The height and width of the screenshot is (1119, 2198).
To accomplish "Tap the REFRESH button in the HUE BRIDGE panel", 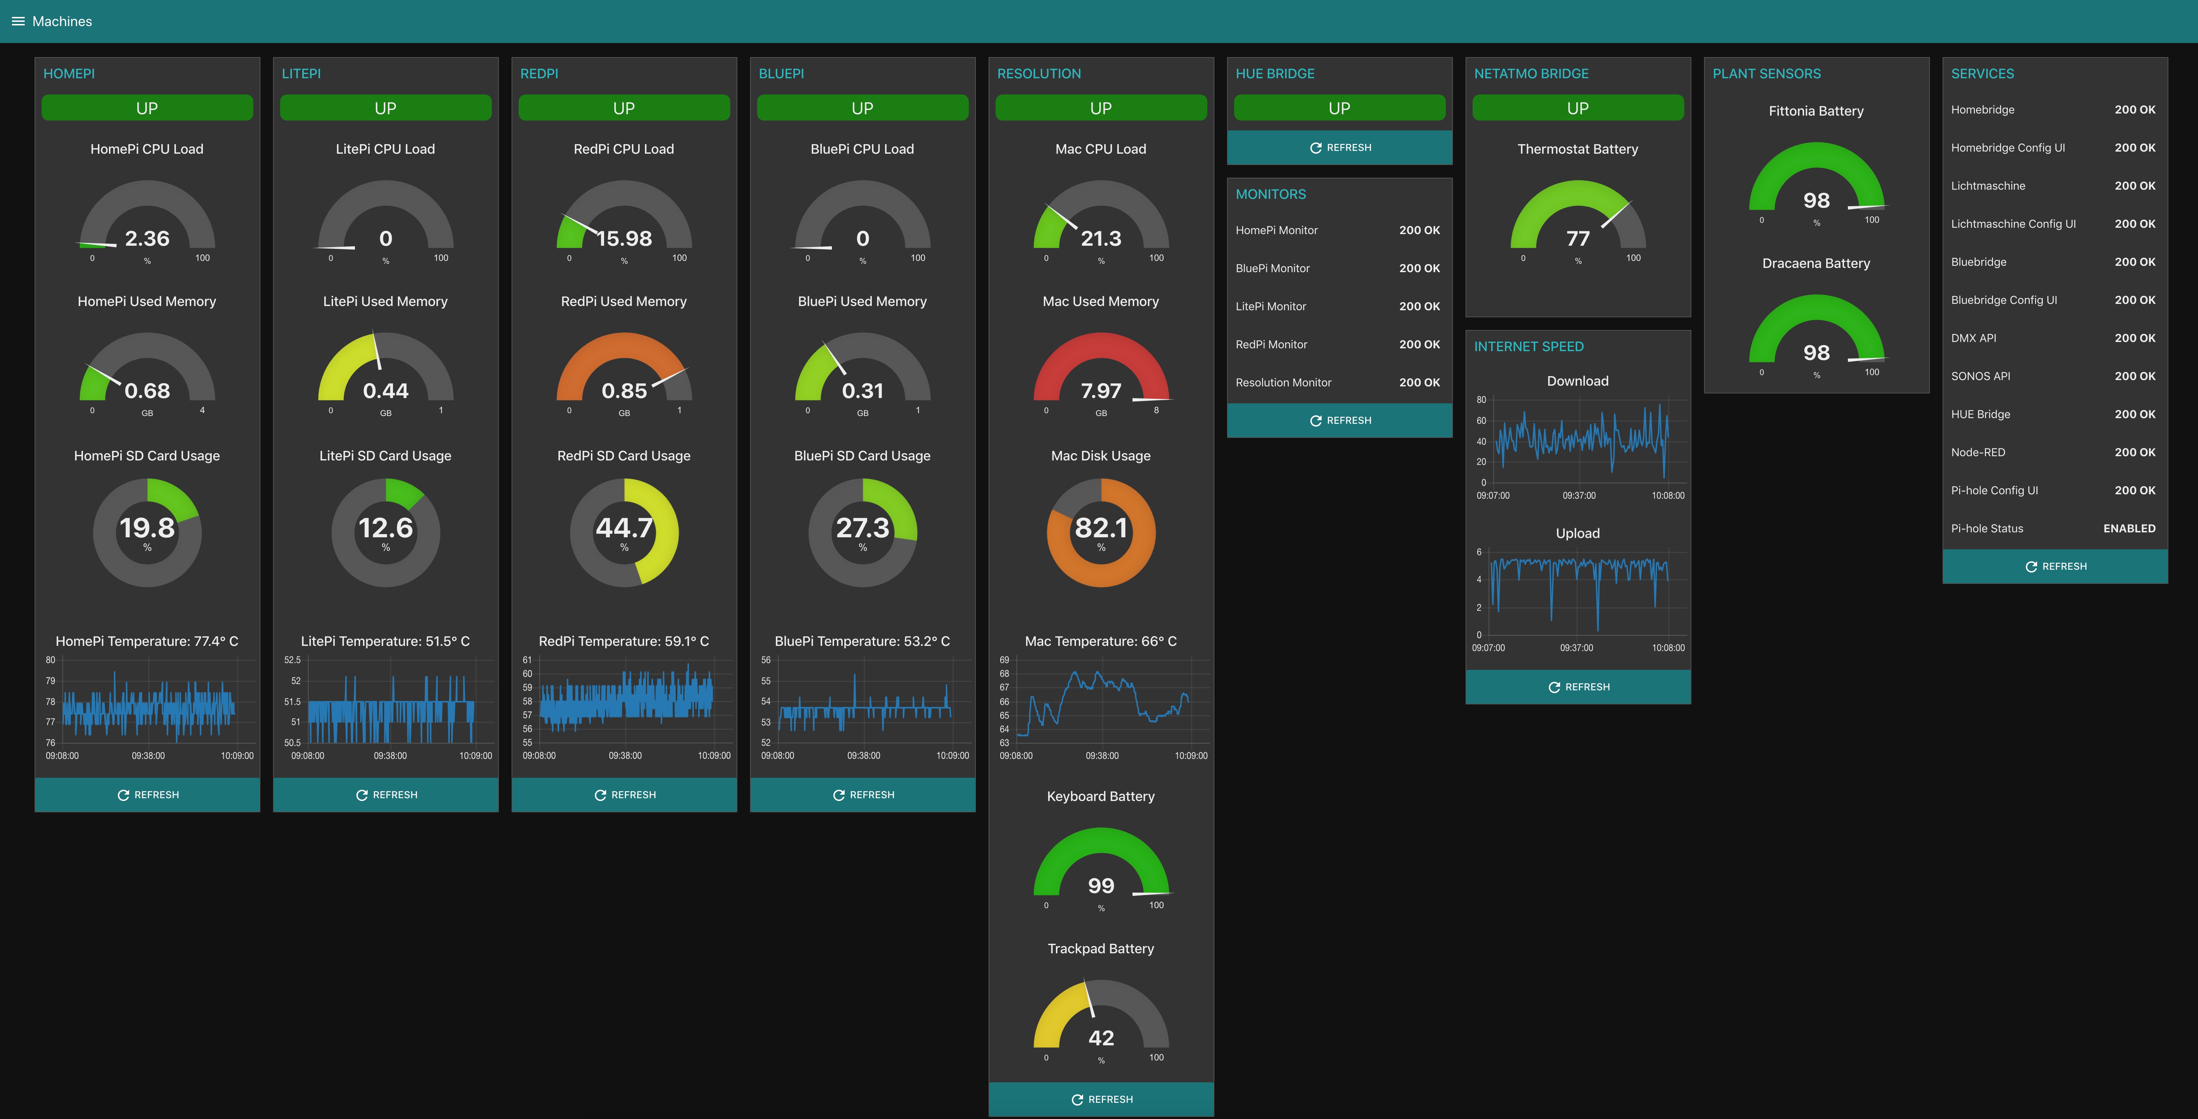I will tap(1340, 148).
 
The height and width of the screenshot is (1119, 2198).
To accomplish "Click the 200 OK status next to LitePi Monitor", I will tap(1419, 306).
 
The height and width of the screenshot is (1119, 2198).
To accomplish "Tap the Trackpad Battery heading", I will tap(1101, 948).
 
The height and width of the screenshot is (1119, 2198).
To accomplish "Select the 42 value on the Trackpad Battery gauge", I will tap(1101, 1038).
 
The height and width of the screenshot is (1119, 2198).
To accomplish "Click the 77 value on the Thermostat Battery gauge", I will tap(1578, 239).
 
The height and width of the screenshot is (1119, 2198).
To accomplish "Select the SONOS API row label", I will tap(1980, 376).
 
